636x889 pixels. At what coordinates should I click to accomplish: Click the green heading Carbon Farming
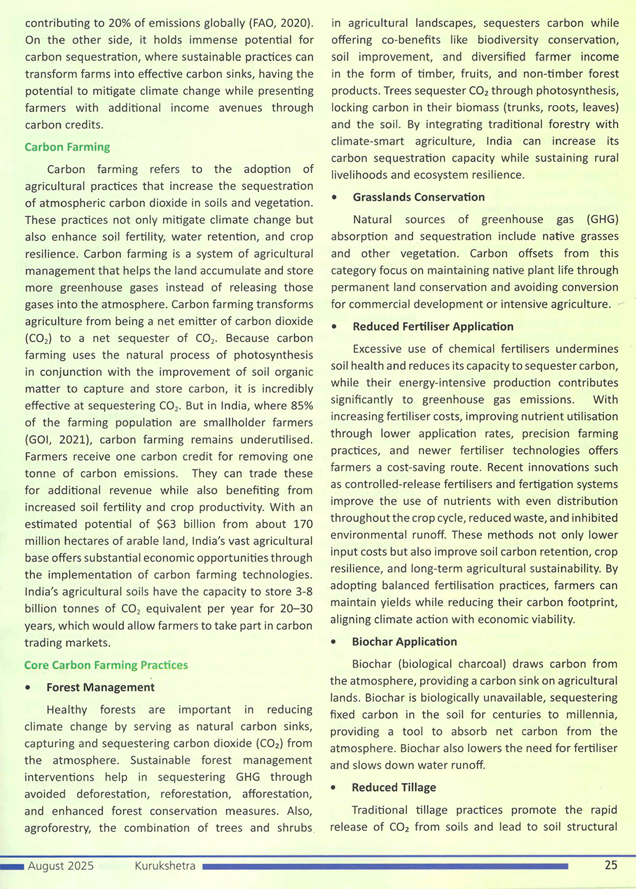[x=67, y=147]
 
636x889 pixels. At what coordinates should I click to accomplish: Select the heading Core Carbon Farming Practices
[x=106, y=665]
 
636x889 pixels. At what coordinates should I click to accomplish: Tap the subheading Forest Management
[x=100, y=687]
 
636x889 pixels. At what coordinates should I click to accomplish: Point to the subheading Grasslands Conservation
[x=418, y=197]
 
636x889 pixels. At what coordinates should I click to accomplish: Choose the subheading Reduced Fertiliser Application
[x=433, y=326]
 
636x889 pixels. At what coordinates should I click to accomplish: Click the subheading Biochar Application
[x=404, y=642]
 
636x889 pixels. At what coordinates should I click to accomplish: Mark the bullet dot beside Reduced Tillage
[x=335, y=789]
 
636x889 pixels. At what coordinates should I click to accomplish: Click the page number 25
[x=611, y=865]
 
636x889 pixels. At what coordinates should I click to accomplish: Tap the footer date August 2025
[x=61, y=865]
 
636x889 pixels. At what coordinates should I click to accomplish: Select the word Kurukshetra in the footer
[x=165, y=865]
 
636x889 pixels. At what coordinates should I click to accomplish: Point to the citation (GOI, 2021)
[x=60, y=439]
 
